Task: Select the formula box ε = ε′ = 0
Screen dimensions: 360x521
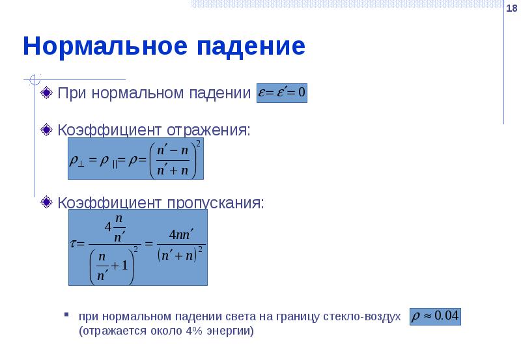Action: [x=282, y=92]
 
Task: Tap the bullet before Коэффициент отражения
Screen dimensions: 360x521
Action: [x=46, y=129]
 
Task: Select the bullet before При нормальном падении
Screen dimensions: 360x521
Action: [x=46, y=92]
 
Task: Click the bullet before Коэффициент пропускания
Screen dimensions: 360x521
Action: [x=46, y=202]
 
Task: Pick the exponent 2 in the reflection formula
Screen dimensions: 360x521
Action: [x=198, y=145]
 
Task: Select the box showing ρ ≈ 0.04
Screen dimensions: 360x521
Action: [x=435, y=316]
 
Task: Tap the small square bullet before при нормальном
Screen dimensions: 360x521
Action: [x=66, y=316]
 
